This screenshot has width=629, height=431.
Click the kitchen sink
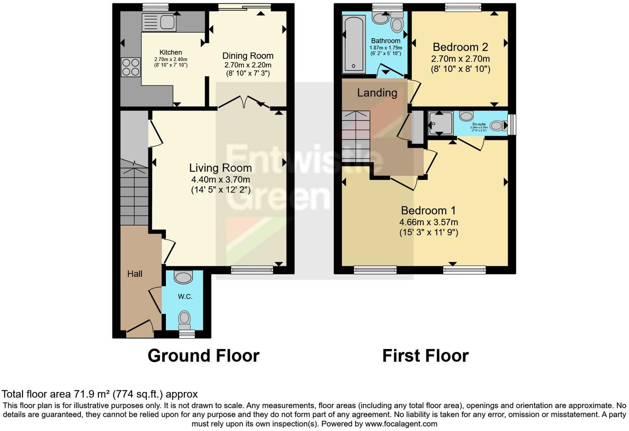[x=159, y=22]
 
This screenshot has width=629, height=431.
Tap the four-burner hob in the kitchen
[x=130, y=67]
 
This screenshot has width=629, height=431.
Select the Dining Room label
[x=248, y=56]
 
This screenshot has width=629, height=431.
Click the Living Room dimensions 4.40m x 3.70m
[x=220, y=180]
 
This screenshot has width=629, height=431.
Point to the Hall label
[x=135, y=274]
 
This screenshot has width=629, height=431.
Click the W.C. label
[x=185, y=296]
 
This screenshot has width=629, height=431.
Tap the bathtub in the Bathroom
[x=353, y=44]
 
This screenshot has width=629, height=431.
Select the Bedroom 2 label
[x=460, y=47]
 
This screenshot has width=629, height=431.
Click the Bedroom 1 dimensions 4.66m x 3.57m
[x=428, y=222]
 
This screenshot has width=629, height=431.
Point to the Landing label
[x=377, y=93]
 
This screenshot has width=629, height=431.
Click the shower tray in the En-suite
[x=441, y=123]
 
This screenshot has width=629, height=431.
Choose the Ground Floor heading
[x=203, y=356]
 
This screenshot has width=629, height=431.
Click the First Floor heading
[x=425, y=356]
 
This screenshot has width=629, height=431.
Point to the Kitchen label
[x=170, y=53]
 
